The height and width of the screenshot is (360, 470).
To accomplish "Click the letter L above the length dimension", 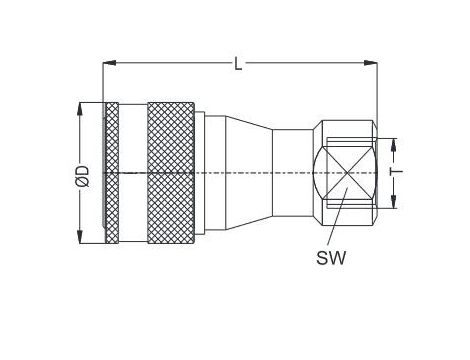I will point(238,64).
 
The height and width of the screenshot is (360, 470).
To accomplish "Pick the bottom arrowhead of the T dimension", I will point(395,205).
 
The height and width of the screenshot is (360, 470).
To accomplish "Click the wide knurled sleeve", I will point(172,173).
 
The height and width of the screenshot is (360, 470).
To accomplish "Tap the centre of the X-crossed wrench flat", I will point(345,173).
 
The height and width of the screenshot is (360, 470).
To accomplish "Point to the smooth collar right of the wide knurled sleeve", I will point(205,173).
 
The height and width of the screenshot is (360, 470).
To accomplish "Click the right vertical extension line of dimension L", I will point(375,95).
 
